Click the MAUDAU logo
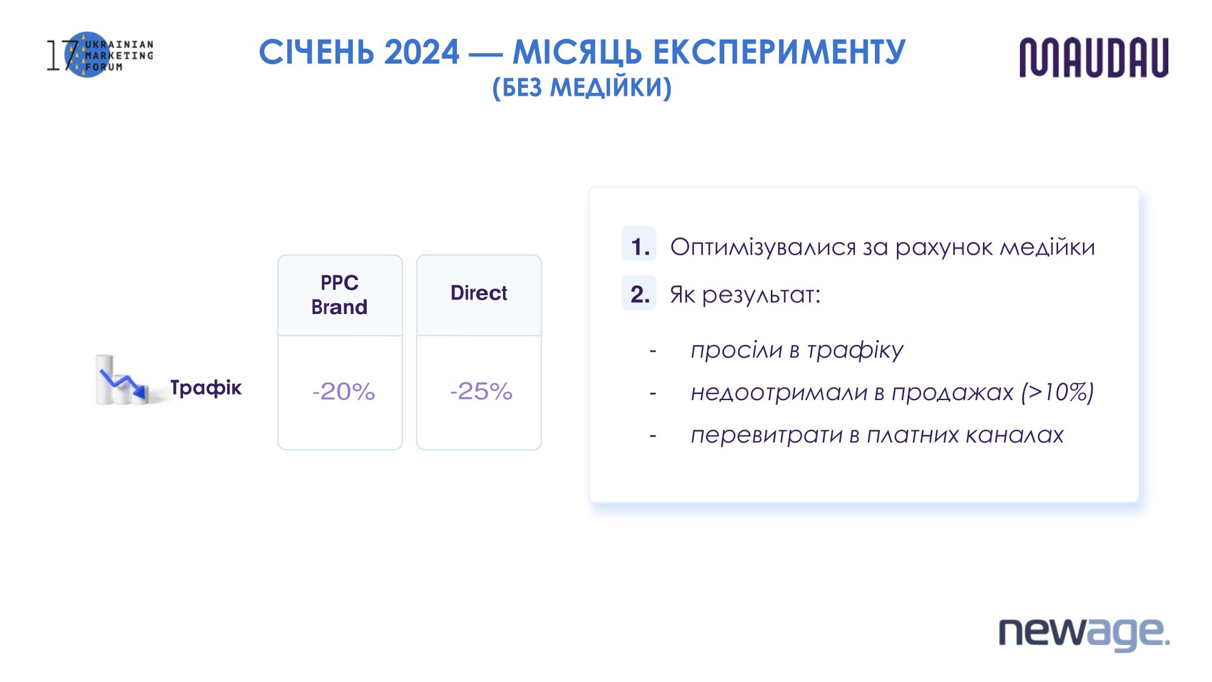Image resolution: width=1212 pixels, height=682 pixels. pyautogui.click(x=1094, y=58)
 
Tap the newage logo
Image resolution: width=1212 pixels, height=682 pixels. pyautogui.click(x=1084, y=634)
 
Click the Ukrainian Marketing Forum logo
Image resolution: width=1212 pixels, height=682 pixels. pyautogui.click(x=100, y=55)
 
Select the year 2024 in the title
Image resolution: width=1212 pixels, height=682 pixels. pyautogui.click(x=422, y=52)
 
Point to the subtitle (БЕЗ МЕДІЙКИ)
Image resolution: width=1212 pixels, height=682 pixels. pyautogui.click(x=582, y=88)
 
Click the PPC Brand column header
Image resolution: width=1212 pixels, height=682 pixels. pyautogui.click(x=340, y=295)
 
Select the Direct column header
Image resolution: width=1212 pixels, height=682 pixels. pyautogui.click(x=479, y=293)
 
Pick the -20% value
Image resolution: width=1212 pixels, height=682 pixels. pyautogui.click(x=344, y=392)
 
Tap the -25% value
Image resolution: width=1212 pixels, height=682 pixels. pyautogui.click(x=481, y=392)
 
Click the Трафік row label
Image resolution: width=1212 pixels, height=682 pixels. pyautogui.click(x=206, y=387)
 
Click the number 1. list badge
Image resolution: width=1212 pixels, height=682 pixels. pyautogui.click(x=639, y=244)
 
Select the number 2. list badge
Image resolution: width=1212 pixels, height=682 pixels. pyautogui.click(x=639, y=293)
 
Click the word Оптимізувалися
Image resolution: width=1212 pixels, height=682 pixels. pyautogui.click(x=763, y=247)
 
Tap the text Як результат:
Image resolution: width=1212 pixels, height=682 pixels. pyautogui.click(x=745, y=295)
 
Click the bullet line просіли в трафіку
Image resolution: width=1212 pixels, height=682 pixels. pyautogui.click(x=797, y=350)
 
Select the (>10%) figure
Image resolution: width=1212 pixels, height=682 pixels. pyautogui.click(x=1057, y=392)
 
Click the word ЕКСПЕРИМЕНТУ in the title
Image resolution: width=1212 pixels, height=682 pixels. pyautogui.click(x=779, y=52)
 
